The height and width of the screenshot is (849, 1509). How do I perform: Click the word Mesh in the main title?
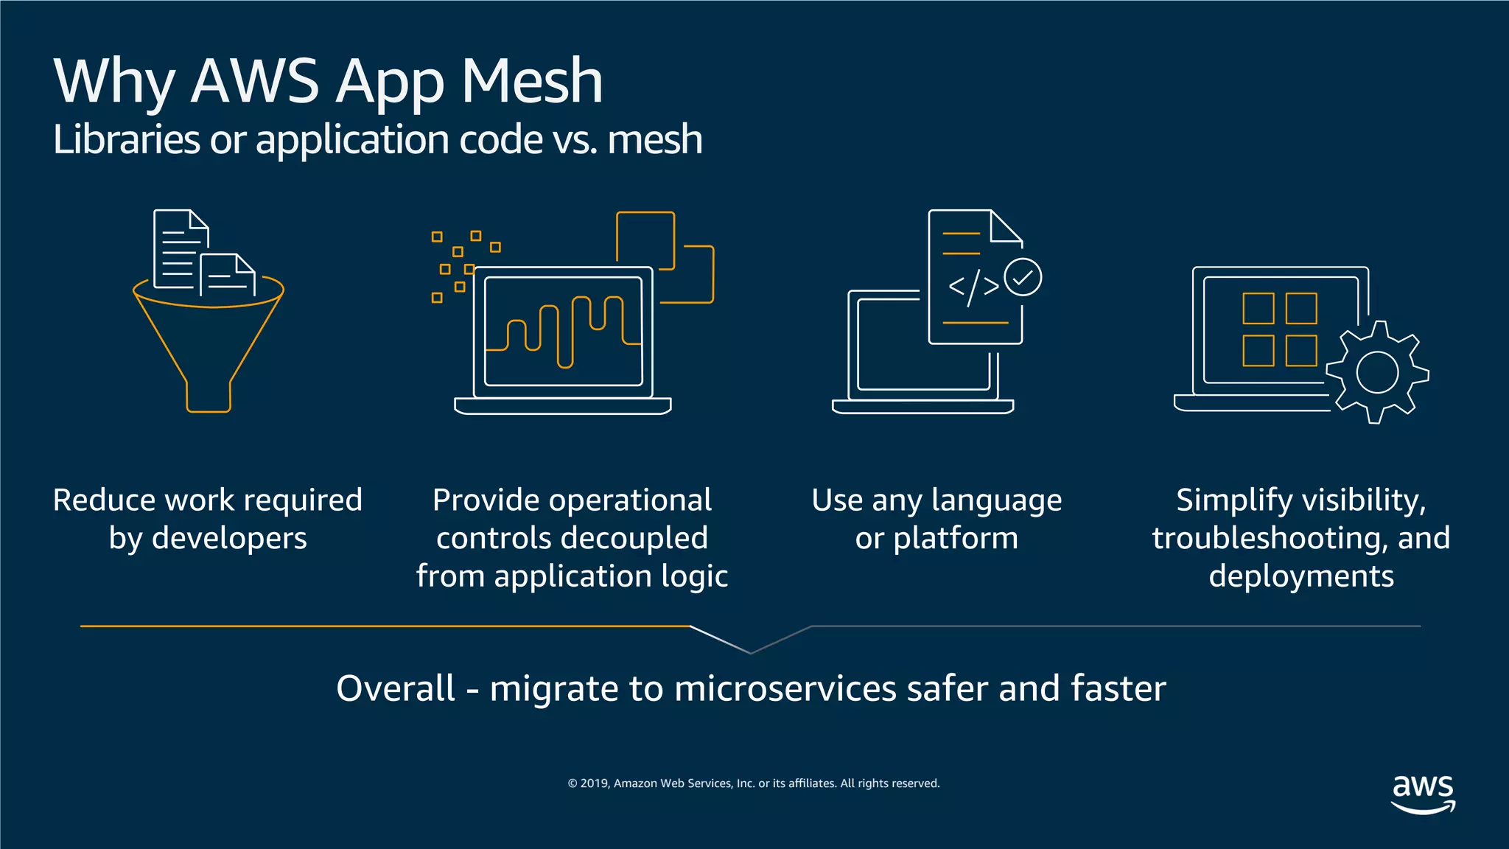click(x=532, y=81)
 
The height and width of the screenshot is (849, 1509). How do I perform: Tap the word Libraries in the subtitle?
click(x=126, y=139)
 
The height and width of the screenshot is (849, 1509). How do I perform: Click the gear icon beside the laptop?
click(x=1376, y=372)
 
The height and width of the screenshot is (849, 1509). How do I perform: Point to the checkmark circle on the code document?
click(x=1023, y=277)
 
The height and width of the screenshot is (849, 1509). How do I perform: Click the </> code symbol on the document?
click(x=973, y=287)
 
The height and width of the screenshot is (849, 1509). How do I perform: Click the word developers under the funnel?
click(x=229, y=538)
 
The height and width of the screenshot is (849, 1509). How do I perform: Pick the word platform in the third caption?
click(x=956, y=538)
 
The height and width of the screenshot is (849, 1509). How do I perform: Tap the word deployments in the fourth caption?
click(x=1301, y=576)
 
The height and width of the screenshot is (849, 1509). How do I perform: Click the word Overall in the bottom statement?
click(x=396, y=688)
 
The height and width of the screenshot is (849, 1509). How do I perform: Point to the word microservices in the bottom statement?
click(x=785, y=688)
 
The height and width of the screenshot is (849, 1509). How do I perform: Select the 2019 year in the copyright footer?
click(x=594, y=783)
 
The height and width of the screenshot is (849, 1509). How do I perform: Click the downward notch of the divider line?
click(x=750, y=651)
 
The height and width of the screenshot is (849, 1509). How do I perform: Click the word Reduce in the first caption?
click(x=104, y=500)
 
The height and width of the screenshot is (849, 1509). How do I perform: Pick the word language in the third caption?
click(x=997, y=500)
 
